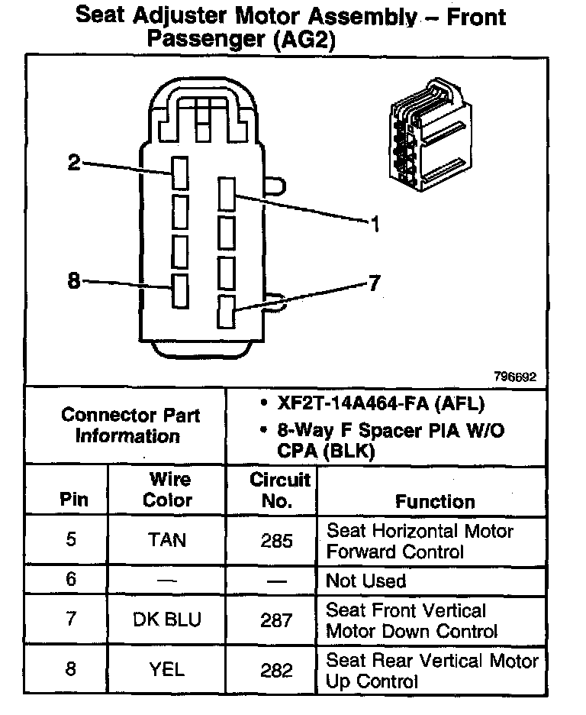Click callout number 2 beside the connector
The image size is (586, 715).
pyautogui.click(x=74, y=162)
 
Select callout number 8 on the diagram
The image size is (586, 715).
pyautogui.click(x=74, y=281)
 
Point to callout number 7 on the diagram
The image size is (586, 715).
pyautogui.click(x=374, y=284)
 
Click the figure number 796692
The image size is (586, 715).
pyautogui.click(x=515, y=377)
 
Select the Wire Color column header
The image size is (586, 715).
pyautogui.click(x=168, y=490)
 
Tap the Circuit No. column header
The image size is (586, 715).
pyautogui.click(x=279, y=490)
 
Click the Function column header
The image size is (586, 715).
pyautogui.click(x=435, y=501)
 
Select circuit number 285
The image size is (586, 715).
pyautogui.click(x=276, y=541)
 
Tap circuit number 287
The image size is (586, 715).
pyautogui.click(x=276, y=620)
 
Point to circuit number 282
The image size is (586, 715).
pyautogui.click(x=276, y=671)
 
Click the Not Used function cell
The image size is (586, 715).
pyautogui.click(x=366, y=581)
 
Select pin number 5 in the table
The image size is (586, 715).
pyautogui.click(x=71, y=540)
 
